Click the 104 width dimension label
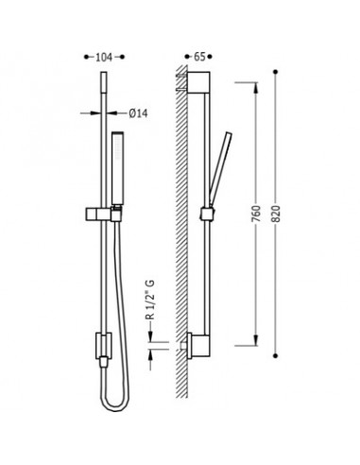[x=104, y=58]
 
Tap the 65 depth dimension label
[x=199, y=57]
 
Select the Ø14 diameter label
[x=138, y=113]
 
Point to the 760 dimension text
[x=257, y=214]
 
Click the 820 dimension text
[x=276, y=214]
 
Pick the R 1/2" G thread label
[x=151, y=300]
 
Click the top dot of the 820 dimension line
[x=276, y=72]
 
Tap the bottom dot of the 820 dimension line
[x=276, y=355]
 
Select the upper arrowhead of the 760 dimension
[x=256, y=88]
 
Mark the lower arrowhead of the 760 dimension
[x=256, y=340]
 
